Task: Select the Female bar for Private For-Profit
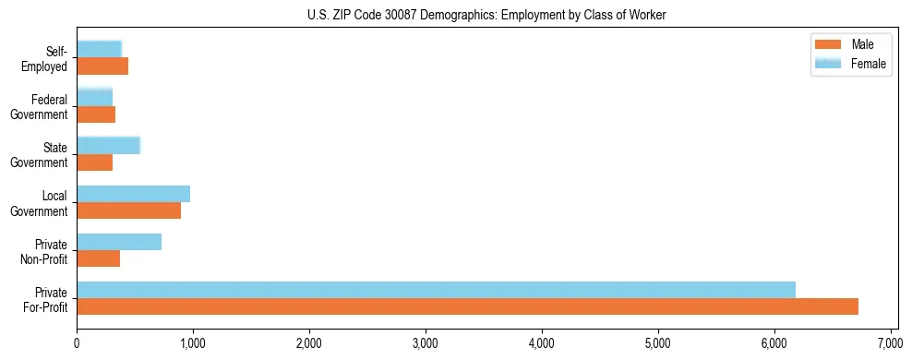tap(436, 290)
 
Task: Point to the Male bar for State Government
tap(94, 162)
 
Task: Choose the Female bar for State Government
tap(108, 146)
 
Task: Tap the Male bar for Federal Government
tap(96, 114)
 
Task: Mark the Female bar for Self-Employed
tap(99, 50)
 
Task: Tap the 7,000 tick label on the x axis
tap(890, 344)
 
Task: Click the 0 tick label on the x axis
tap(77, 344)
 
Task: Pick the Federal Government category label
tap(40, 107)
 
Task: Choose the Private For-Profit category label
tap(45, 299)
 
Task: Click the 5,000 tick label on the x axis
tap(657, 344)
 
